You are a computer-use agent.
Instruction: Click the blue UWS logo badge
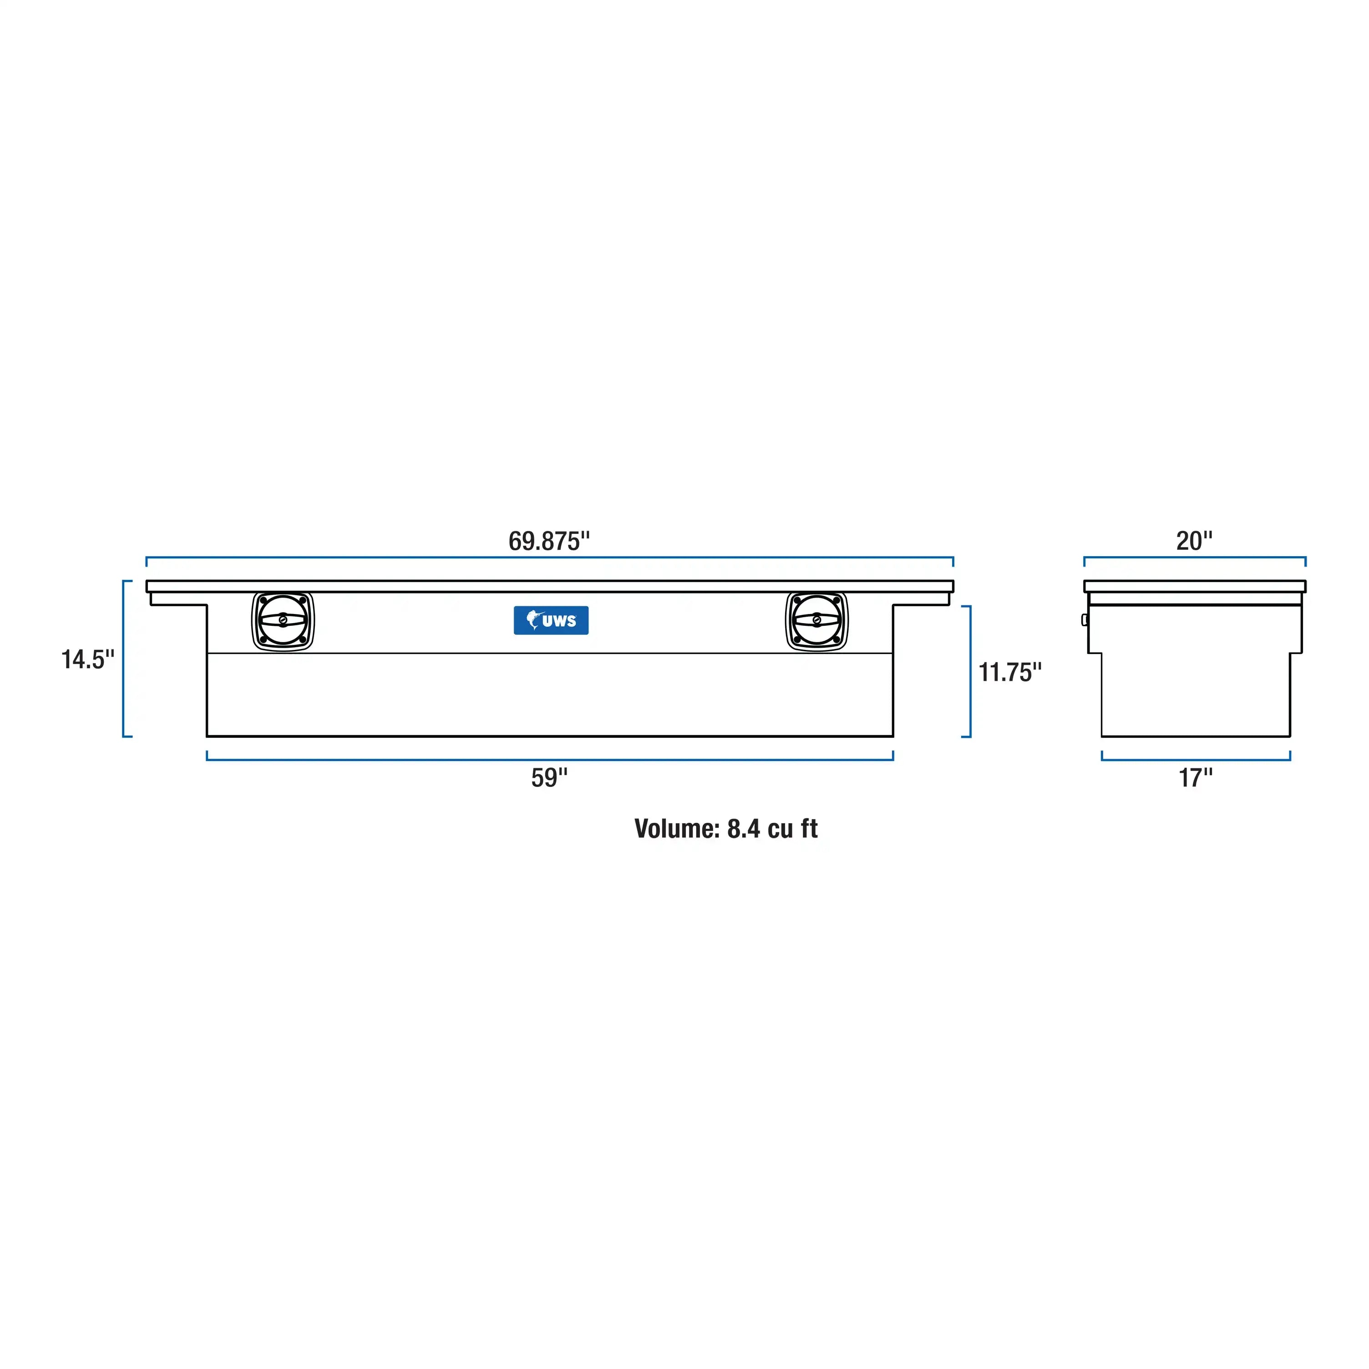[551, 621]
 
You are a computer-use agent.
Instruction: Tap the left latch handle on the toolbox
[283, 621]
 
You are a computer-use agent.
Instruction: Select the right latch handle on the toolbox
[816, 621]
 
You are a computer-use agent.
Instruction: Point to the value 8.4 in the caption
[743, 829]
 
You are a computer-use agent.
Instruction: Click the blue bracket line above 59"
[549, 760]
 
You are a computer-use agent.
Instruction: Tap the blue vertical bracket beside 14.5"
[123, 659]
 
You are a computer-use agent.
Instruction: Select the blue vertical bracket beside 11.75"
[970, 672]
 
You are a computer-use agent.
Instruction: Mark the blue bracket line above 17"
[1196, 760]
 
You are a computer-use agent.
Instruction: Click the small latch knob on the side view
[1085, 620]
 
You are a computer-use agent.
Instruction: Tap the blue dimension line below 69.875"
[549, 558]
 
